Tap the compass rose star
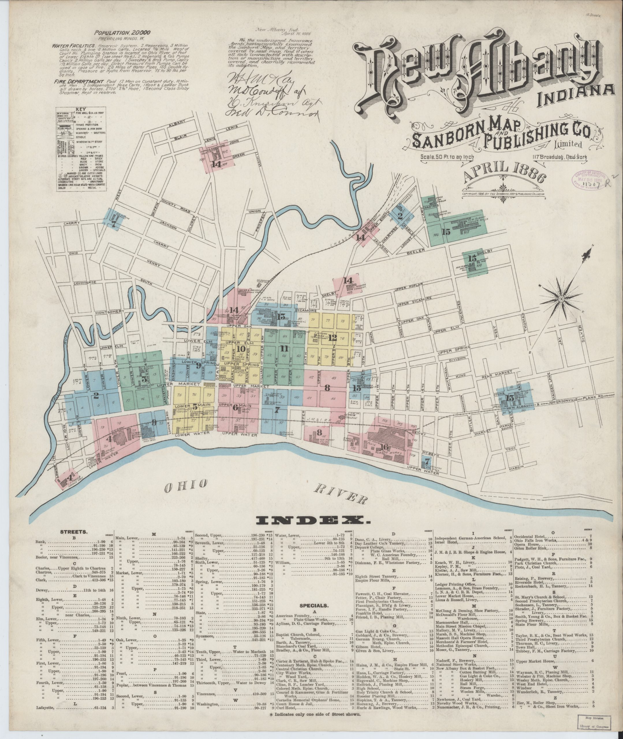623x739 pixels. pos(561,300)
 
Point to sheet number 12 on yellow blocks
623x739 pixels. pos(332,338)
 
